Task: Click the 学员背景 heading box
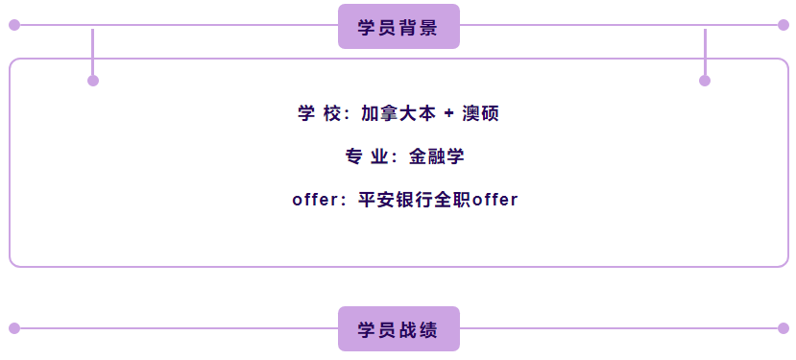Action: (x=398, y=27)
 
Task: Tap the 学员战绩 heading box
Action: (x=398, y=329)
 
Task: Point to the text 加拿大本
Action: (x=398, y=113)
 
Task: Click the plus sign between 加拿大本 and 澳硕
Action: (x=448, y=114)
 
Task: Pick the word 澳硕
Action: (x=480, y=113)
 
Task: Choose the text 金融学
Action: (x=436, y=156)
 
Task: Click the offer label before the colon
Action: (x=315, y=200)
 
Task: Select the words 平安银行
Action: (x=396, y=200)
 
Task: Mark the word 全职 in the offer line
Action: (x=453, y=200)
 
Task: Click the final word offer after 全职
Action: (x=494, y=200)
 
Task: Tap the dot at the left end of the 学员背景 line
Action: (x=14, y=25)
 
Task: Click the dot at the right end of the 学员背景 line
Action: (x=784, y=25)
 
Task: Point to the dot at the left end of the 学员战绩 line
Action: (x=14, y=328)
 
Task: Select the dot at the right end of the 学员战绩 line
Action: (x=784, y=328)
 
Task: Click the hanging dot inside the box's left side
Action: (x=93, y=81)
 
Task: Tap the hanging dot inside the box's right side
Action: (x=705, y=81)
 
